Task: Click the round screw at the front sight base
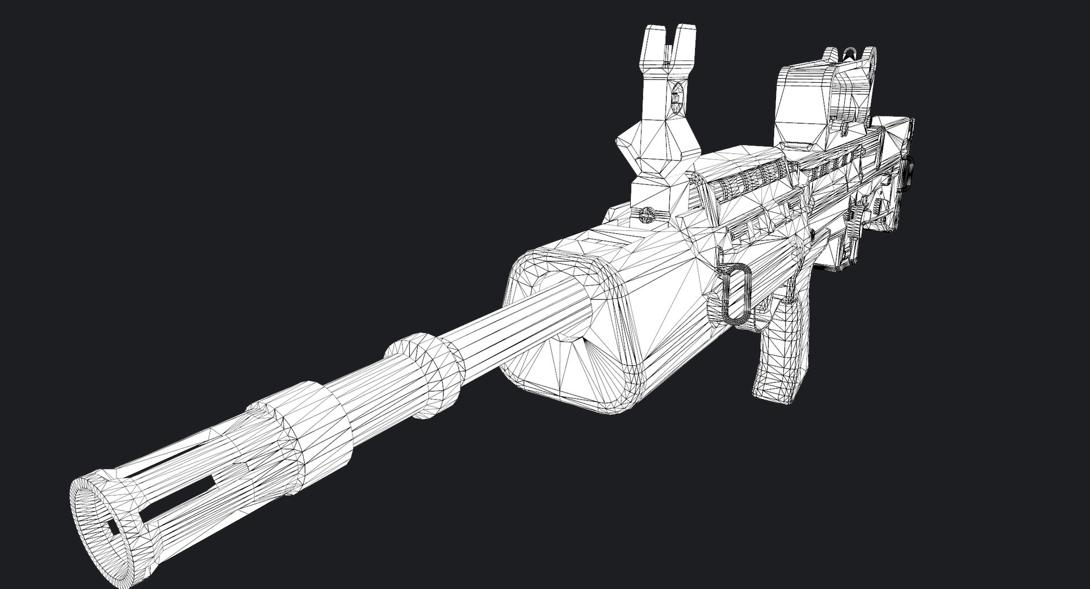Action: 647,214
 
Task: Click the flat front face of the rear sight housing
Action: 798,108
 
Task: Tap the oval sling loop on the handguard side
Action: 737,293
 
